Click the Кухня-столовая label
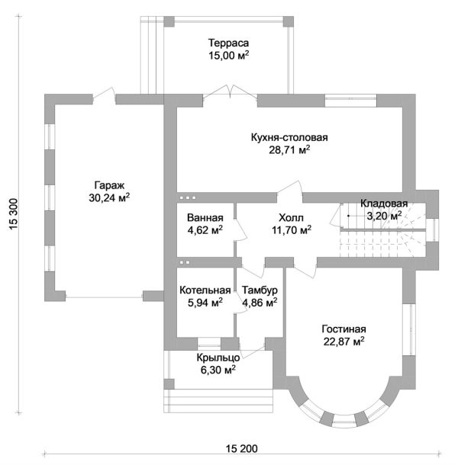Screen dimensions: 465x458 tap(289, 138)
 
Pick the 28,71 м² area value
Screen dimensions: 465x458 tap(289, 150)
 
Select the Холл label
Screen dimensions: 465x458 tap(290, 216)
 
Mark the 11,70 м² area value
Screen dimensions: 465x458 tap(290, 229)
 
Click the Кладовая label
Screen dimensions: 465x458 tap(384, 204)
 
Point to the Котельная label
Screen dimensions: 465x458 tap(205, 290)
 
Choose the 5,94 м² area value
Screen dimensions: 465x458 tap(205, 303)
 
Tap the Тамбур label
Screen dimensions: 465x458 tap(260, 290)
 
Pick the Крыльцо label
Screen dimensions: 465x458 tap(218, 358)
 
